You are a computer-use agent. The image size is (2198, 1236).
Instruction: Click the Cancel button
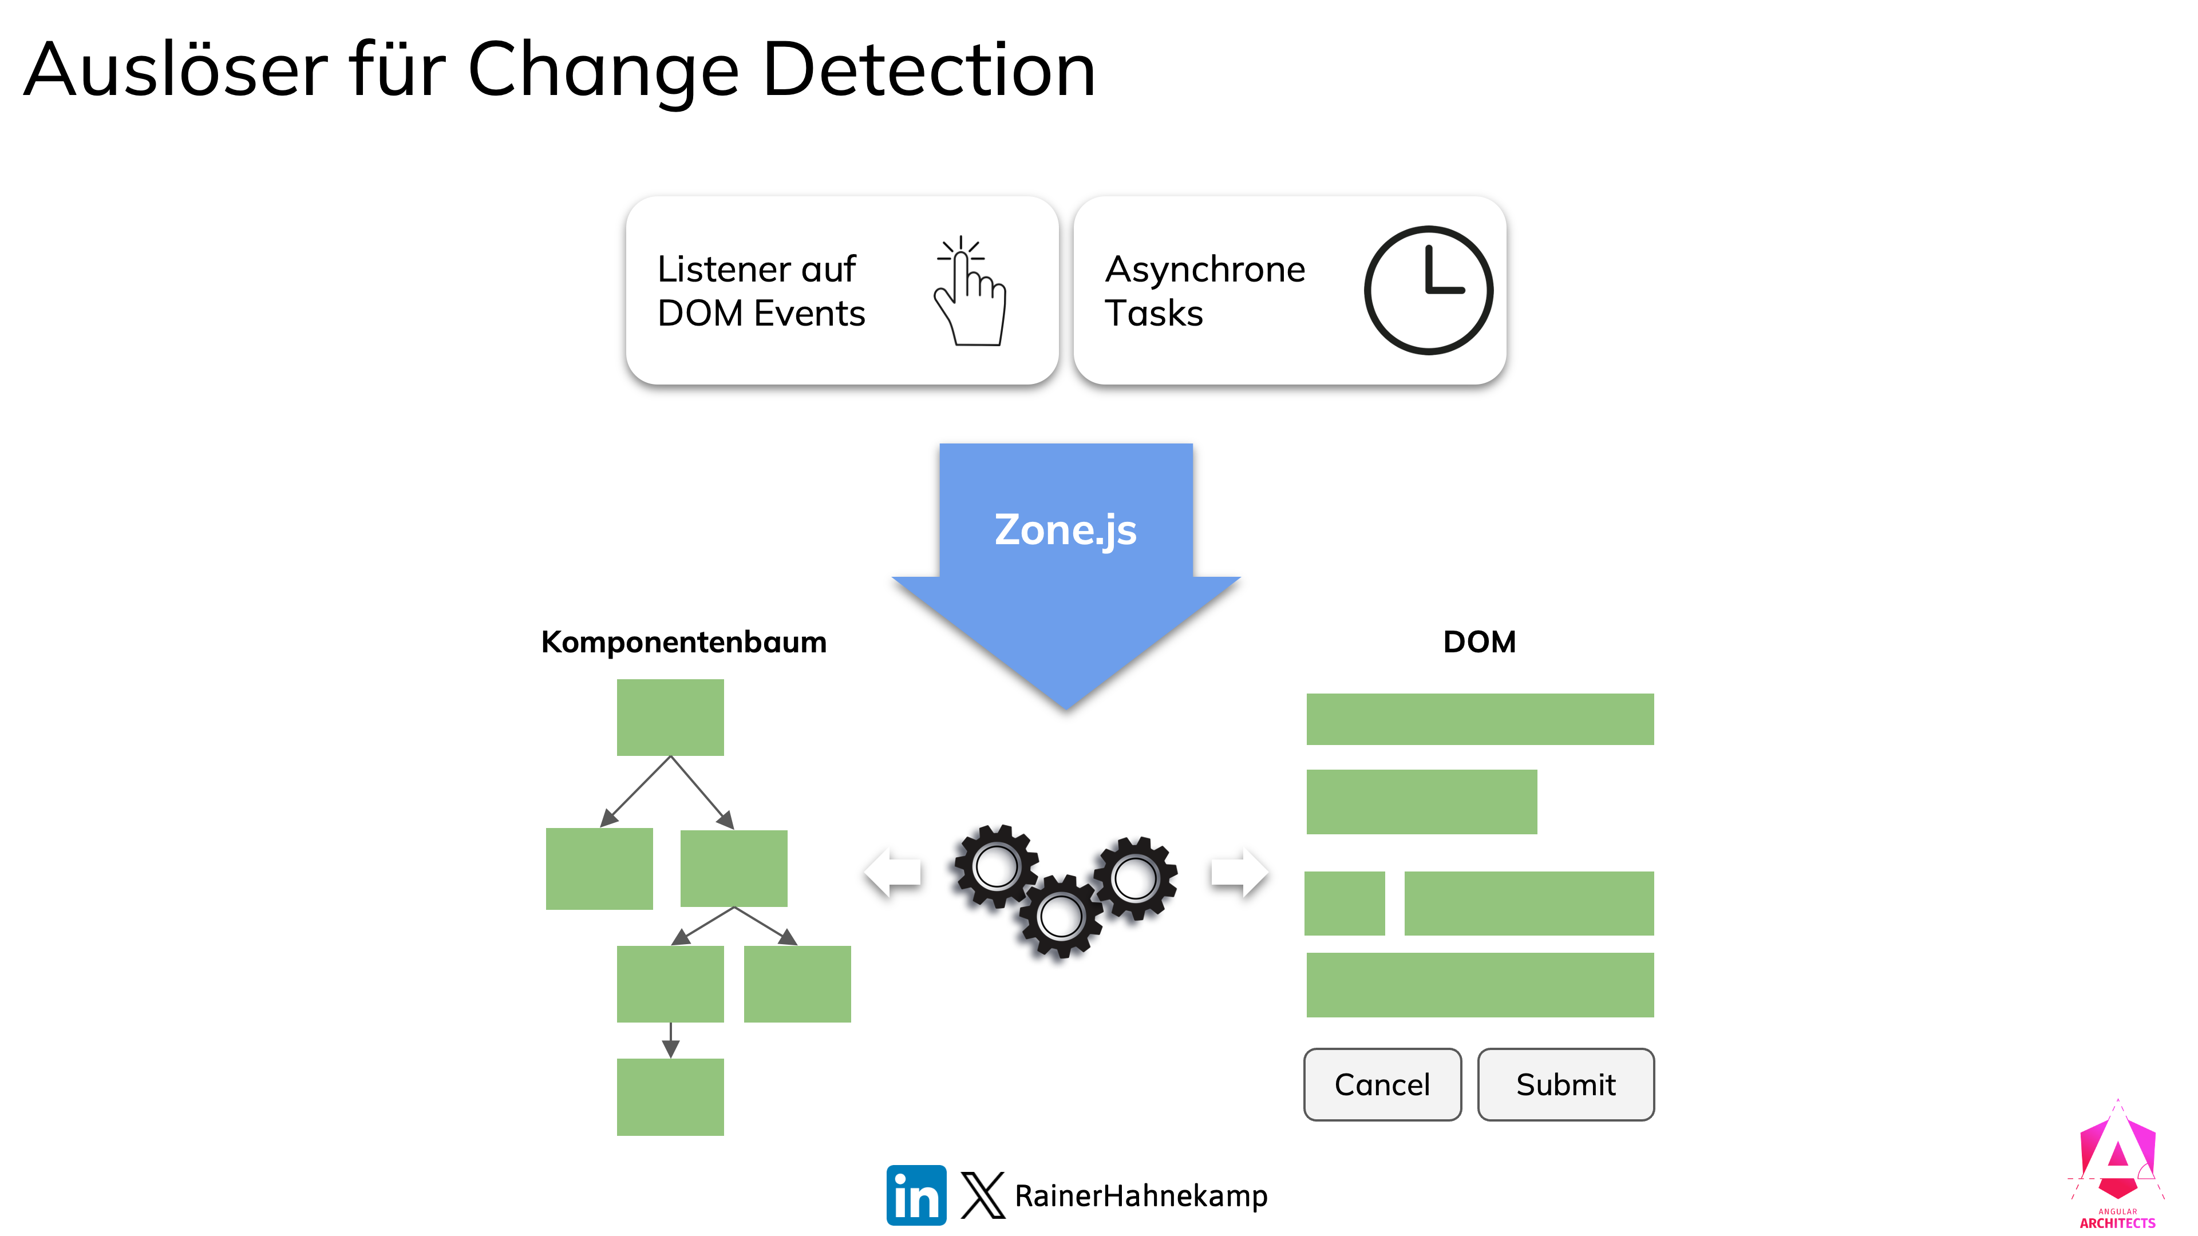pyautogui.click(x=1381, y=1084)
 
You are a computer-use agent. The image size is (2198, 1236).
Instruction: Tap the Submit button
pyautogui.click(x=1565, y=1084)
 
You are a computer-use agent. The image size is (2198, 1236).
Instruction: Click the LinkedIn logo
pyautogui.click(x=916, y=1194)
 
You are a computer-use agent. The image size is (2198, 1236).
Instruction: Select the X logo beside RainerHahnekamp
pyautogui.click(x=982, y=1194)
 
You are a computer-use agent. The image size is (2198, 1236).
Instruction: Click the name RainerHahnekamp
pyautogui.click(x=1140, y=1195)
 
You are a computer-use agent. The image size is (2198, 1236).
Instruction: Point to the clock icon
pyautogui.click(x=1428, y=290)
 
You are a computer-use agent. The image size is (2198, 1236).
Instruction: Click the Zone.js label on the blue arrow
pyautogui.click(x=1065, y=530)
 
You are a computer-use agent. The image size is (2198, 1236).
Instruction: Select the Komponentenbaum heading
pyautogui.click(x=683, y=641)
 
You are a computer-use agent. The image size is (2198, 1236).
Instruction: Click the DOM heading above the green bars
pyautogui.click(x=1478, y=641)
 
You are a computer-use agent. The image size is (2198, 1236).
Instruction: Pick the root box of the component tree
pyautogui.click(x=670, y=716)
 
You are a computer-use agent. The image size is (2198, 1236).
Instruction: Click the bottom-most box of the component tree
pyautogui.click(x=670, y=1096)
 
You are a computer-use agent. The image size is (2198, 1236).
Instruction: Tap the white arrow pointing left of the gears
pyautogui.click(x=892, y=871)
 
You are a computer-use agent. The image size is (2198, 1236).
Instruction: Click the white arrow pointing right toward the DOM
pyautogui.click(x=1239, y=871)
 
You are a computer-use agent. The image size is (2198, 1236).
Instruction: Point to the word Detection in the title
pyautogui.click(x=928, y=70)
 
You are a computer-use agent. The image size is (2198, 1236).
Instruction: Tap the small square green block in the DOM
pyautogui.click(x=1344, y=902)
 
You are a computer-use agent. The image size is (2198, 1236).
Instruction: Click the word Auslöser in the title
pyautogui.click(x=176, y=70)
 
